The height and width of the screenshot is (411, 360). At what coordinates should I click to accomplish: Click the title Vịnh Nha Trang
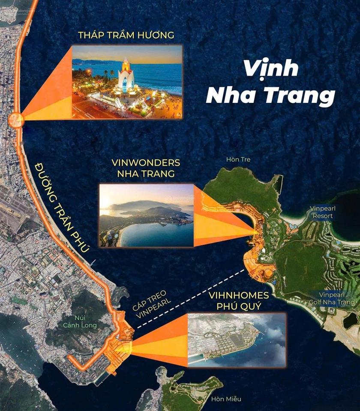(x=270, y=83)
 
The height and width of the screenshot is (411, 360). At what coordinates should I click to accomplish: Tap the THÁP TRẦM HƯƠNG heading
(x=126, y=35)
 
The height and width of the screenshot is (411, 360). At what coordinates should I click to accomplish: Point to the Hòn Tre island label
(x=238, y=160)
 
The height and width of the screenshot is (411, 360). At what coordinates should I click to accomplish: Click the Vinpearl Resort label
(x=321, y=212)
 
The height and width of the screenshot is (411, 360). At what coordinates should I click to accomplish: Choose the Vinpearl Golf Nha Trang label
(x=337, y=298)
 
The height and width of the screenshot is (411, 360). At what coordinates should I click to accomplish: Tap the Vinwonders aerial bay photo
(x=147, y=215)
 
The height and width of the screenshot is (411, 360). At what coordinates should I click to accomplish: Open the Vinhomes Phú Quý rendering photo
(x=237, y=340)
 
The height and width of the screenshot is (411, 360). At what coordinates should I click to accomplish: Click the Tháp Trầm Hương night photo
(x=127, y=82)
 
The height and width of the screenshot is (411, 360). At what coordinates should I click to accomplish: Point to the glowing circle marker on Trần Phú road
(x=16, y=119)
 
